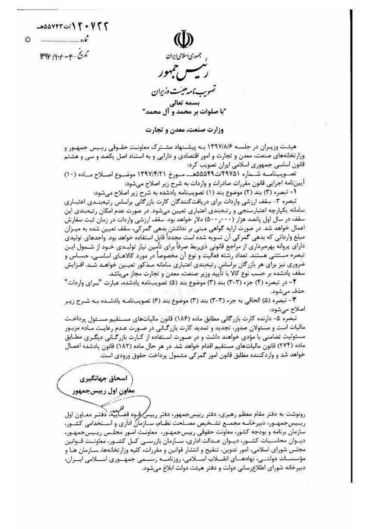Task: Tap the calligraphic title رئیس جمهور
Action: pyautogui.click(x=181, y=73)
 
